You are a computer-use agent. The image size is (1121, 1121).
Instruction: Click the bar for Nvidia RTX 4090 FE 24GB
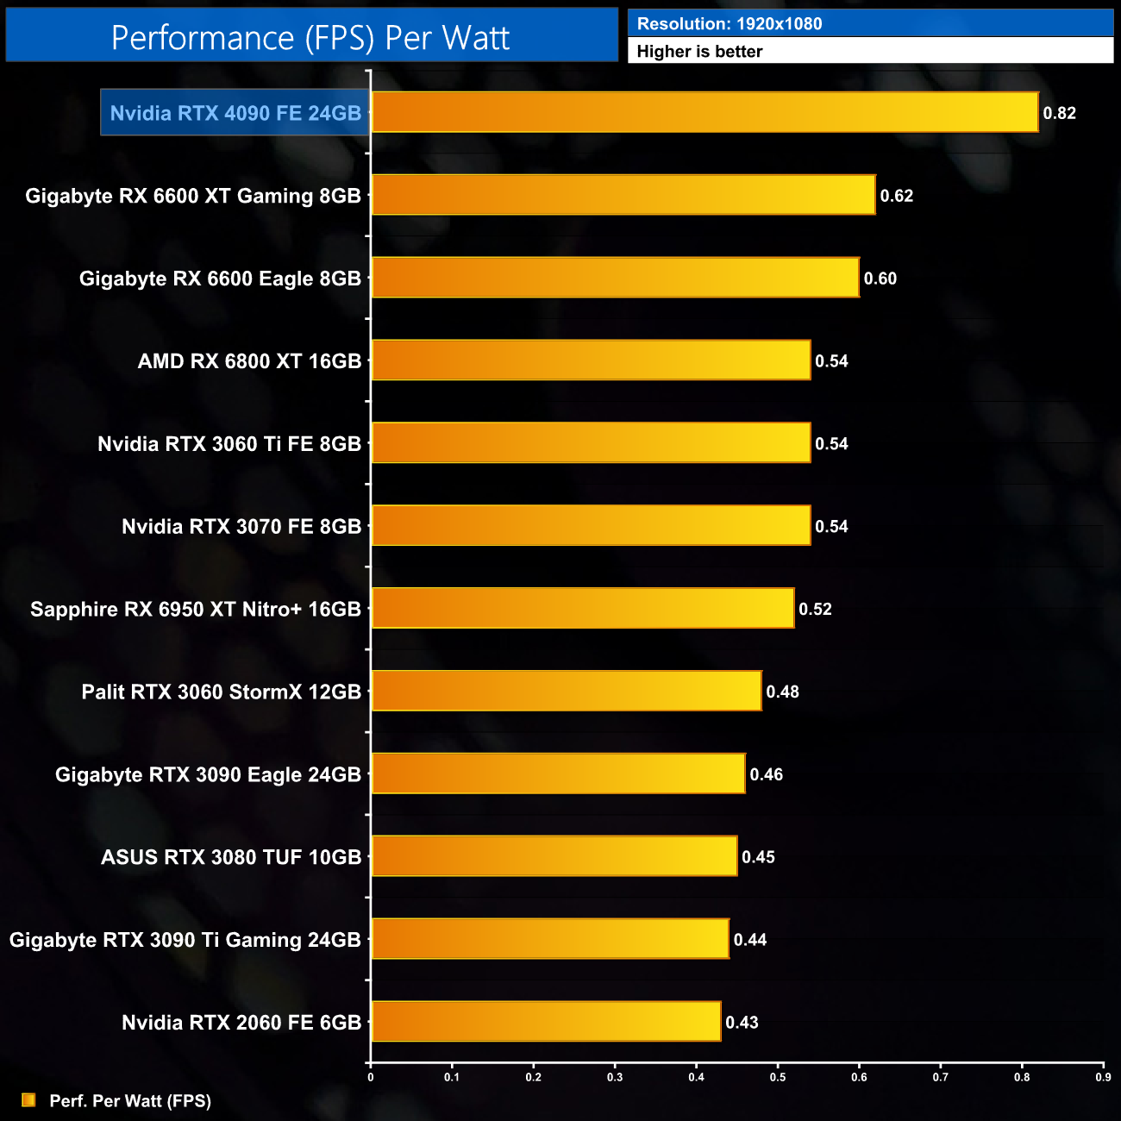(x=705, y=112)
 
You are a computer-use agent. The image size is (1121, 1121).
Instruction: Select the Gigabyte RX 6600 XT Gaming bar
(x=623, y=195)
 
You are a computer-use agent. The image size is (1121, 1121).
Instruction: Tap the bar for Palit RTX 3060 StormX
(x=566, y=691)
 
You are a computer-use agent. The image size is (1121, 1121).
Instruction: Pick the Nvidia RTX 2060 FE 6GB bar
(x=546, y=1021)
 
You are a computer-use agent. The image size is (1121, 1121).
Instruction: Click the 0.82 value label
(x=1059, y=113)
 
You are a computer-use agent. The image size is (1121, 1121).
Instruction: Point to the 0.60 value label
(x=880, y=279)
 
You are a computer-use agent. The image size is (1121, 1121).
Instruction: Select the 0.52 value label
(x=815, y=609)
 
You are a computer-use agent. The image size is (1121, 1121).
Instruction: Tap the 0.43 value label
(x=742, y=1022)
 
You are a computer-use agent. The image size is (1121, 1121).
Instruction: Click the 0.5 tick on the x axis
(x=778, y=1077)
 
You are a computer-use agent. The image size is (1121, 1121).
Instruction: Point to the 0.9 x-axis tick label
(x=1103, y=1077)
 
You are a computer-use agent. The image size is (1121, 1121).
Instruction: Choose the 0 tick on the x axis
(x=371, y=1077)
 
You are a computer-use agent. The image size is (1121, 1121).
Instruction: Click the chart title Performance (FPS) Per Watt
(x=310, y=37)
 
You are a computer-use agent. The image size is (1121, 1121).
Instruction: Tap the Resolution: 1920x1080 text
(x=730, y=24)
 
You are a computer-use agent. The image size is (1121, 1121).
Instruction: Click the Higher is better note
(x=699, y=52)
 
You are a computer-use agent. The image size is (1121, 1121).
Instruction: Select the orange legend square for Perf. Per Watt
(x=28, y=1099)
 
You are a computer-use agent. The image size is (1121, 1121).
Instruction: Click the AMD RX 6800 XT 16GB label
(x=249, y=360)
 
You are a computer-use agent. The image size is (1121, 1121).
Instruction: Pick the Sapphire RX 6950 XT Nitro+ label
(x=196, y=609)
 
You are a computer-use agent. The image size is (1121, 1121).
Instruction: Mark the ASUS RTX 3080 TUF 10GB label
(x=231, y=856)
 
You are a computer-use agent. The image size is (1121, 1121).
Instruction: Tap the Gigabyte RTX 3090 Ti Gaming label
(x=185, y=939)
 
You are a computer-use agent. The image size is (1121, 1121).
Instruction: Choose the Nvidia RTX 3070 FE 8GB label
(x=241, y=526)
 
